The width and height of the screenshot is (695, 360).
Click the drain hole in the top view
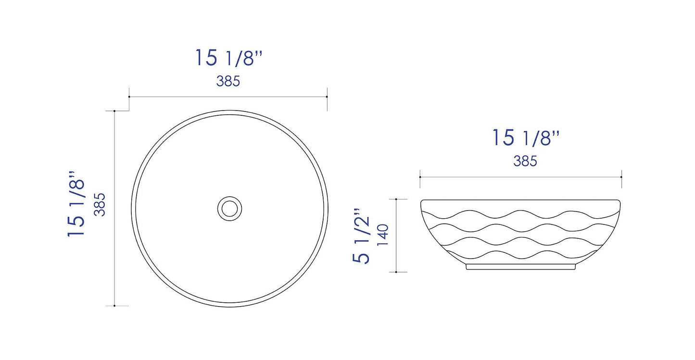coord(229,208)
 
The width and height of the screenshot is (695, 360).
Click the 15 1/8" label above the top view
coord(228,58)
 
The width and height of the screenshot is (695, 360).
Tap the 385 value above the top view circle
coord(228,82)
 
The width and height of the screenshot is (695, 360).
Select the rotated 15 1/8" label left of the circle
coord(77,203)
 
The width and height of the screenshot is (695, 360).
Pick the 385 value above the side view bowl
coord(525,161)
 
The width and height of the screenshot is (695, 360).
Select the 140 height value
coord(383,236)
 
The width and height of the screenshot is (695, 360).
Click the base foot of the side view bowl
coord(521,267)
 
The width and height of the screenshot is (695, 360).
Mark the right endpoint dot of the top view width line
coord(327,97)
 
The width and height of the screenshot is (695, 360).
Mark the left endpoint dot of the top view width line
coord(129,97)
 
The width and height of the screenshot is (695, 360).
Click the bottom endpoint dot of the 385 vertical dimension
coord(114,305)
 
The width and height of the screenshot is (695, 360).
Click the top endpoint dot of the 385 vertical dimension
coord(114,111)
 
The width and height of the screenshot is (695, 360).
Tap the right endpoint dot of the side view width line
coord(621,177)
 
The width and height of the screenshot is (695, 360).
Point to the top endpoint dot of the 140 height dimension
coord(396,199)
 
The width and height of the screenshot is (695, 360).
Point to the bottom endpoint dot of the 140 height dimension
coord(396,272)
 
